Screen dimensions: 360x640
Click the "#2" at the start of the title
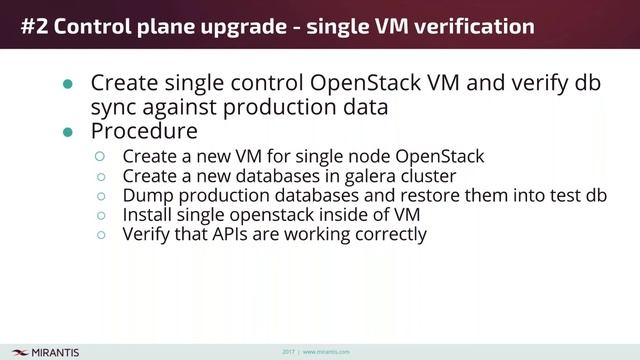(35, 27)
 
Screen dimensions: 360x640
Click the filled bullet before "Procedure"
(68, 132)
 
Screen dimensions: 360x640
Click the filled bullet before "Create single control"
(68, 85)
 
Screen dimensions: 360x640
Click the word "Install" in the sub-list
(147, 214)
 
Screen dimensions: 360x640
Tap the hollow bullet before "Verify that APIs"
(99, 234)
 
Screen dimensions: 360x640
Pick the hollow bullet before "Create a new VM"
(99, 156)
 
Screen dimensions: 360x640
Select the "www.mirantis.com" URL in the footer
(326, 352)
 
